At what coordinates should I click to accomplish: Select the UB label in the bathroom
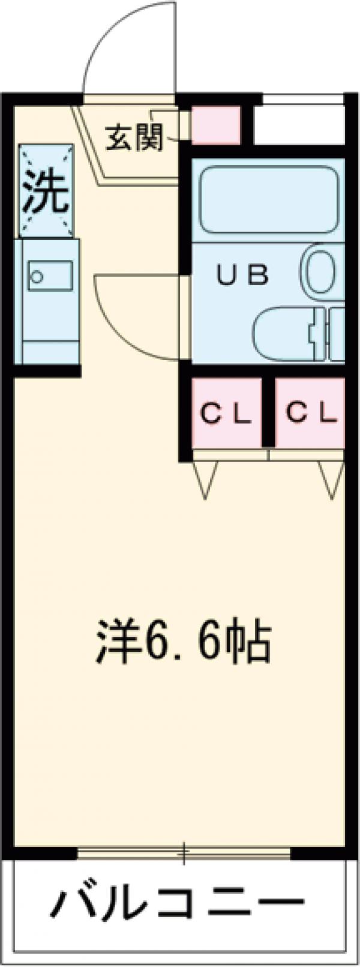tap(242, 276)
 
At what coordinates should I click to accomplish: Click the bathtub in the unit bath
tap(268, 199)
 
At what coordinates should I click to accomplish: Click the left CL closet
tap(226, 413)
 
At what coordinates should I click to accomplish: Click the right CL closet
tap(310, 413)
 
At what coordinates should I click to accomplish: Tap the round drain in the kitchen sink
tap(37, 277)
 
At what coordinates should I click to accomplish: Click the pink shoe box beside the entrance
tap(215, 125)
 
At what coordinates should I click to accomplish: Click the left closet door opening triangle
tap(205, 479)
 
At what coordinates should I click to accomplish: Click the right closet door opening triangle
tap(331, 479)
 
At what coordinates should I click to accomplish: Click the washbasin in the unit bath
tap(282, 334)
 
